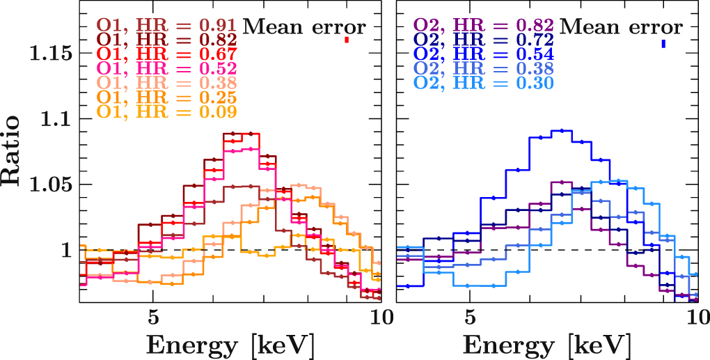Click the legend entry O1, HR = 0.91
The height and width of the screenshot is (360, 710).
167,27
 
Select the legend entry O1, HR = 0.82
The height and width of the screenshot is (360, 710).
167,40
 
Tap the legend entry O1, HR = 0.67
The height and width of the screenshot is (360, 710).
167,54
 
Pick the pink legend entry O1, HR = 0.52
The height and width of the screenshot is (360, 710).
167,68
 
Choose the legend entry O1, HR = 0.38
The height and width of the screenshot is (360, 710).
167,83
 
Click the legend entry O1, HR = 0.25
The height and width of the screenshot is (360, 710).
167,97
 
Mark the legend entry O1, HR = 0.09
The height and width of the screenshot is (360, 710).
167,111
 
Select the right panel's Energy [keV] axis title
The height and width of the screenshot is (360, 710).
547,345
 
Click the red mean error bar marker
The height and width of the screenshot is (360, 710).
346,40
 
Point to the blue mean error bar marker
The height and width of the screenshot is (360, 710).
663,44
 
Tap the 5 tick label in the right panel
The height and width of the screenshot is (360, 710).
470,317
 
